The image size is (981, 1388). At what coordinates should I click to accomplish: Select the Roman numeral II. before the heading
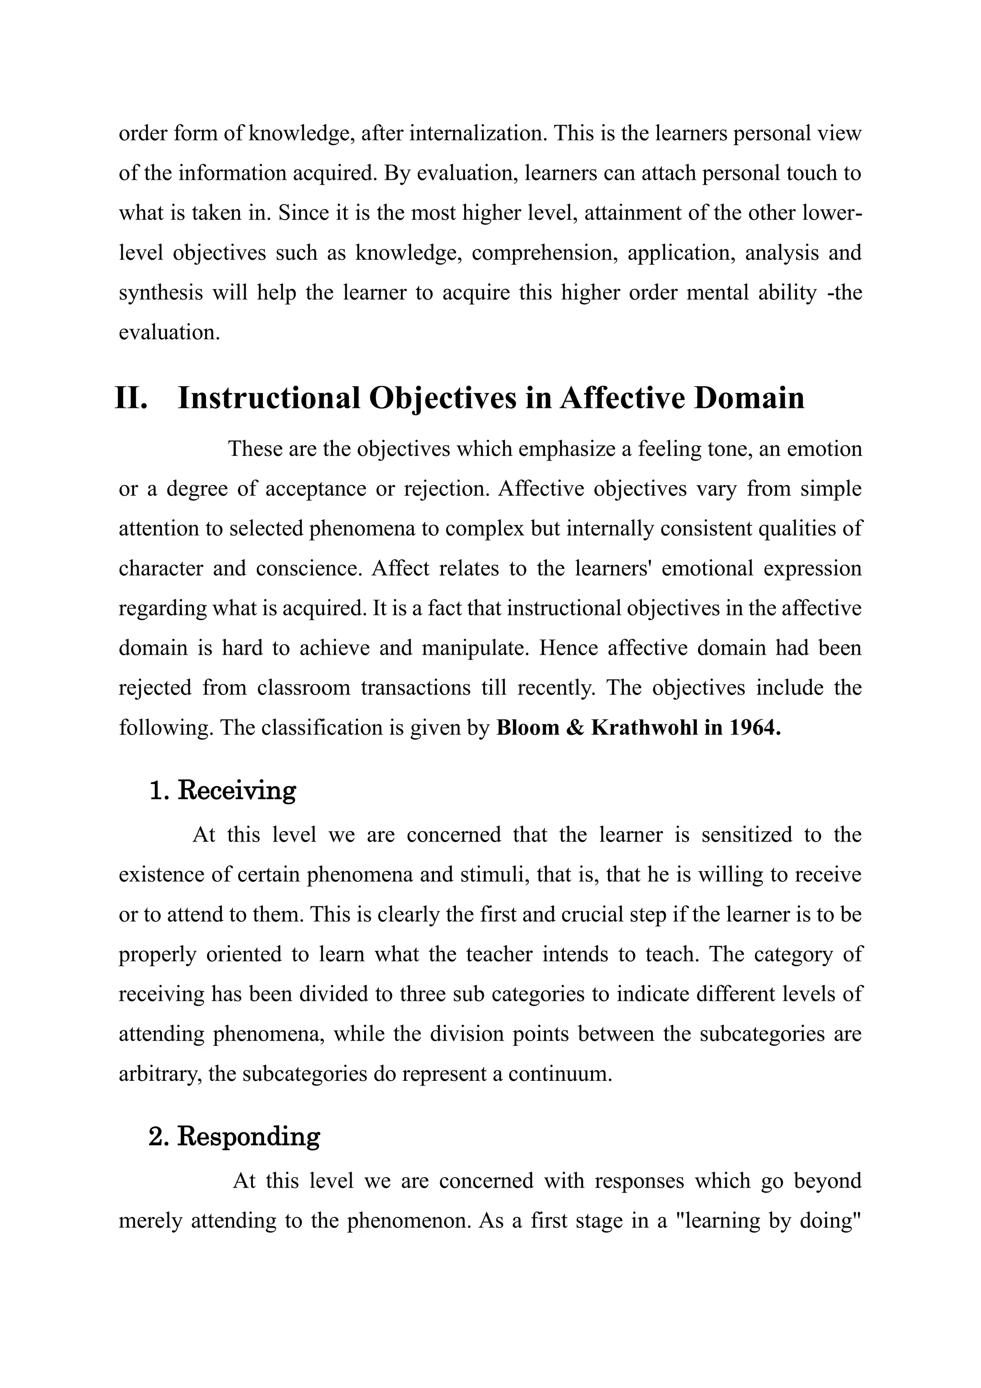click(132, 398)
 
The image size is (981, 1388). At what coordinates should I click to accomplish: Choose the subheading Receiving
click(236, 791)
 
